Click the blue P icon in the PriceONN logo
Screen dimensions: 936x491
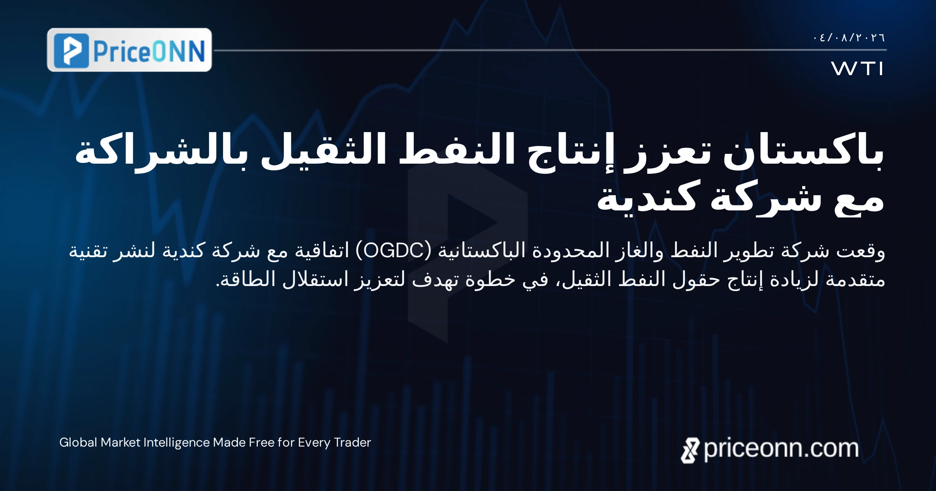tap(71, 51)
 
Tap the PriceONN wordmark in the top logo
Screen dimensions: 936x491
tap(149, 51)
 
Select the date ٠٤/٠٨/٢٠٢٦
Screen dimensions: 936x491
tap(849, 37)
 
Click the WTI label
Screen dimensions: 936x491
tap(857, 69)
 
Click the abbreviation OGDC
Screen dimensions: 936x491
tap(394, 251)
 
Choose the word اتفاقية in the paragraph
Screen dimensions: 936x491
tap(322, 251)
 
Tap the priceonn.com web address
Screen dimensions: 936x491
tap(781, 449)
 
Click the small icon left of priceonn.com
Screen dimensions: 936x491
tap(690, 450)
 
